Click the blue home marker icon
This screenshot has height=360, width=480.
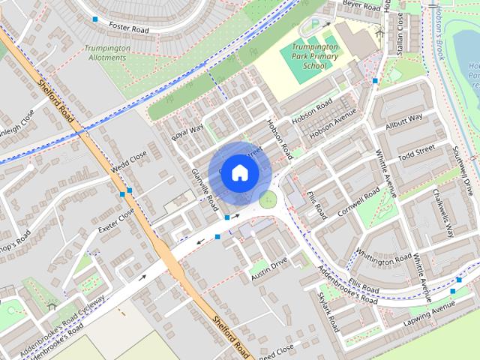(x=238, y=172)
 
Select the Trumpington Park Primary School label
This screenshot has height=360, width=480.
(x=314, y=56)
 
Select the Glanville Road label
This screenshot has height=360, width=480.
(x=204, y=188)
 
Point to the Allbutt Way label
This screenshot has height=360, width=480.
(x=403, y=122)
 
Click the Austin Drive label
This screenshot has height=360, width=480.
(x=269, y=268)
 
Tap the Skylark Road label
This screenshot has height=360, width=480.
(x=328, y=310)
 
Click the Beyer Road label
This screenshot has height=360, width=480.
(x=362, y=5)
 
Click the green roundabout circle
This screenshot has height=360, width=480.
(x=268, y=199)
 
